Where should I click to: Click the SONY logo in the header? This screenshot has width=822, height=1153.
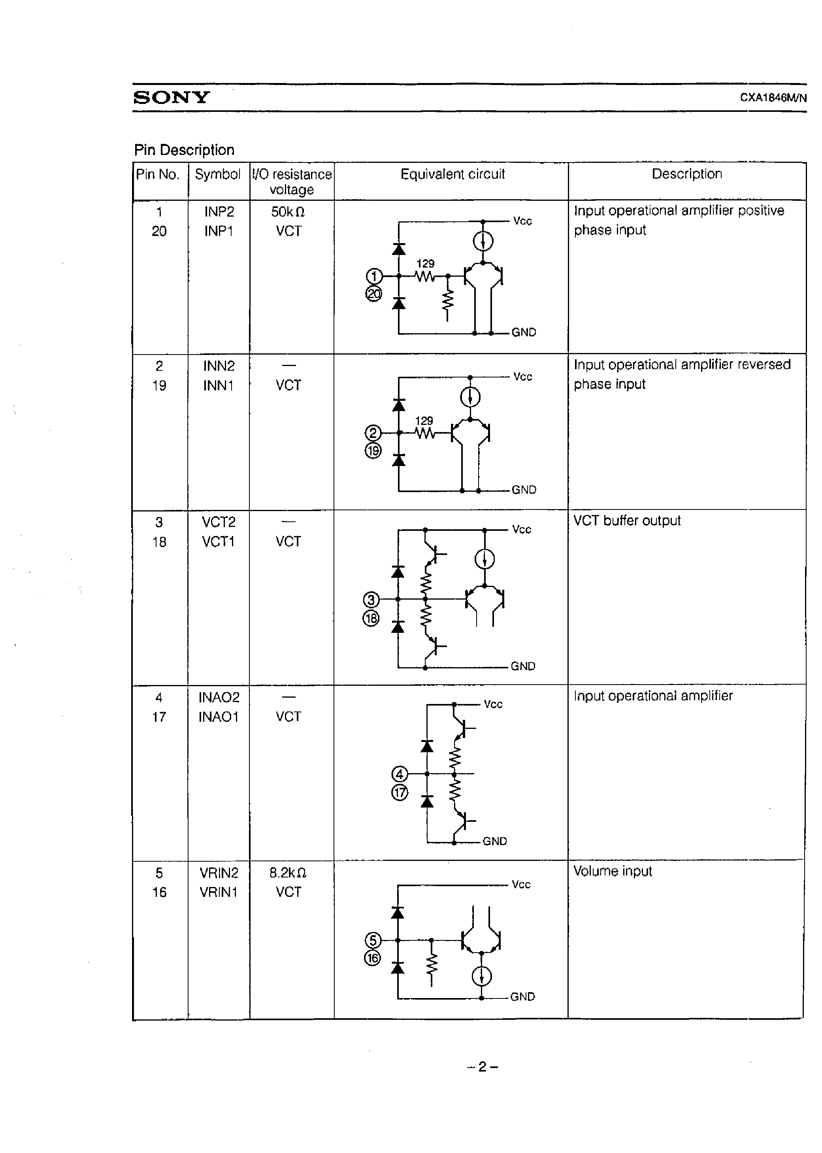pos(171,97)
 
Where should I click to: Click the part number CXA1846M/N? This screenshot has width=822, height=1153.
pos(773,98)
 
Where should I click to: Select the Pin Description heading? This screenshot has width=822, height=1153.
pos(184,150)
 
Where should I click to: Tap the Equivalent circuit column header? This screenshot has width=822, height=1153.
pos(452,174)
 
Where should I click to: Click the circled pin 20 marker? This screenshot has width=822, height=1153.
pos(373,294)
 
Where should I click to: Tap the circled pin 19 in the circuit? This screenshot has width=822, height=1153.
pos(373,451)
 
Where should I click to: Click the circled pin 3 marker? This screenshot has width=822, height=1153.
pos(371,600)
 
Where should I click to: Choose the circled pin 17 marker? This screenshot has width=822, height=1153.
pos(400,792)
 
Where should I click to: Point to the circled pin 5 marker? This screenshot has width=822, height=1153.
pos(373,940)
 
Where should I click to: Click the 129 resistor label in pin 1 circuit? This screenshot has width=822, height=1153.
pos(425,264)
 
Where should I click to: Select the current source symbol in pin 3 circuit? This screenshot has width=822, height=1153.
pos(485,559)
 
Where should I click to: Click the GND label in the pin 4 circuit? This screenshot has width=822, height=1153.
pos(494,841)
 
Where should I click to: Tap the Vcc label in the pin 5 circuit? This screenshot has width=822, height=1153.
pos(521,884)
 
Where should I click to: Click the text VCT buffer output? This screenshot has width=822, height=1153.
pos(627,521)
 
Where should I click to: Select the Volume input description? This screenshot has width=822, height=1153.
pos(613,871)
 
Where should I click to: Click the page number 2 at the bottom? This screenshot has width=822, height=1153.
pos(483,1067)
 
